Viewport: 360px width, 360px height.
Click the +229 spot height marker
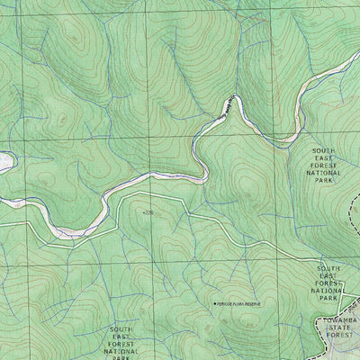[148, 212]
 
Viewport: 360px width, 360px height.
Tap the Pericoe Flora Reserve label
[247, 304]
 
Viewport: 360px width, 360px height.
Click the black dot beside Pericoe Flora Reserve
[214, 304]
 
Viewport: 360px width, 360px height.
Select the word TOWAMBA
[339, 320]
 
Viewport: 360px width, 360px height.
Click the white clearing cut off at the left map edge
[4, 162]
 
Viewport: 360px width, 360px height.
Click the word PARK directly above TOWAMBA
[328, 300]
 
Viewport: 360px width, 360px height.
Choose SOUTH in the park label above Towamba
[328, 267]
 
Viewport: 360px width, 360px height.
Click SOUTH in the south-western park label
[120, 329]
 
